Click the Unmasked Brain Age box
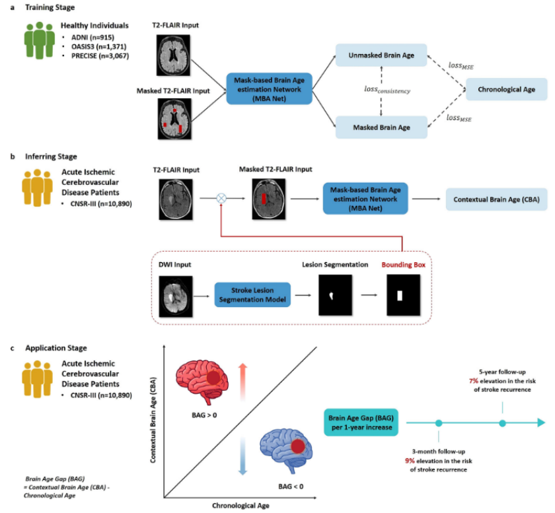tap(381, 56)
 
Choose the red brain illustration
tap(202, 381)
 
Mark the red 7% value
tap(474, 381)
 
